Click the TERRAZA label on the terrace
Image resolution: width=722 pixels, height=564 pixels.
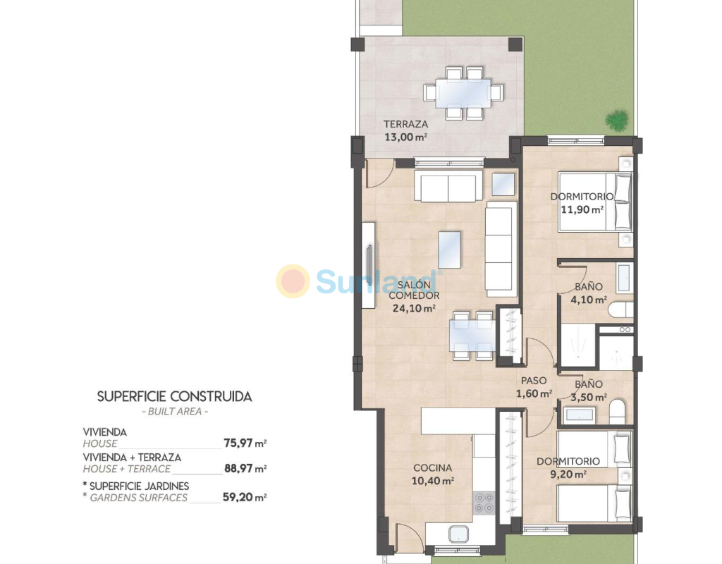coord(405,124)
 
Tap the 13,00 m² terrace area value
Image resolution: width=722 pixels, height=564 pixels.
coord(405,137)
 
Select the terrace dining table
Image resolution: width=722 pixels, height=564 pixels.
coord(463,93)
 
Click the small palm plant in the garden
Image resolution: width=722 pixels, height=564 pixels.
coord(616,120)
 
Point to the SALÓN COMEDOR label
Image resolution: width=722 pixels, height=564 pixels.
coord(414,290)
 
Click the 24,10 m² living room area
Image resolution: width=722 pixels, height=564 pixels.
coord(414,309)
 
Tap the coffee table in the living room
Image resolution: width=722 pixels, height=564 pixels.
coord(449,250)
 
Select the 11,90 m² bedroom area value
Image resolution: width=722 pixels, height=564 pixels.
coord(582,209)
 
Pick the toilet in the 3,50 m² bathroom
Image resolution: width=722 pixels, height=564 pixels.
coord(618,412)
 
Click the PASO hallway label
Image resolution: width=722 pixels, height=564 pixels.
coord(534,381)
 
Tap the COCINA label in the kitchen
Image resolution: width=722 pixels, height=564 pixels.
coord(432,468)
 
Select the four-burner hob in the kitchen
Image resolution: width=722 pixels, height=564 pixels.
coord(484,502)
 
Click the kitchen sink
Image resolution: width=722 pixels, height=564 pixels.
coord(458,534)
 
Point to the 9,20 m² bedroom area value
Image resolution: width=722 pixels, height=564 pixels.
coord(568,474)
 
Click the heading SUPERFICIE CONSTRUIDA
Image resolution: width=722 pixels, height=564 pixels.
coord(175,396)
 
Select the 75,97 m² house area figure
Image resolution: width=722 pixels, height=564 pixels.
coord(245,443)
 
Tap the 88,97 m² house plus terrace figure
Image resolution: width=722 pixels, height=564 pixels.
coord(245,468)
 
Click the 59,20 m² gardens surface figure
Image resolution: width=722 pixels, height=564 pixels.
coord(245,497)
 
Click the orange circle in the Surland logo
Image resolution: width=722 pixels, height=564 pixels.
coord(293,281)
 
